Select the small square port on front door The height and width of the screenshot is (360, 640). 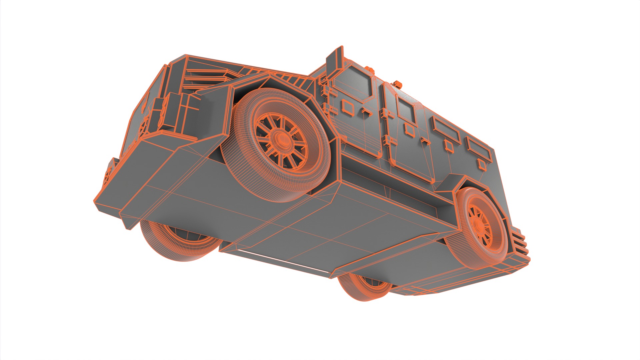coord(348,107)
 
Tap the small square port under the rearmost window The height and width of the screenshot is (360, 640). coord(481,164)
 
